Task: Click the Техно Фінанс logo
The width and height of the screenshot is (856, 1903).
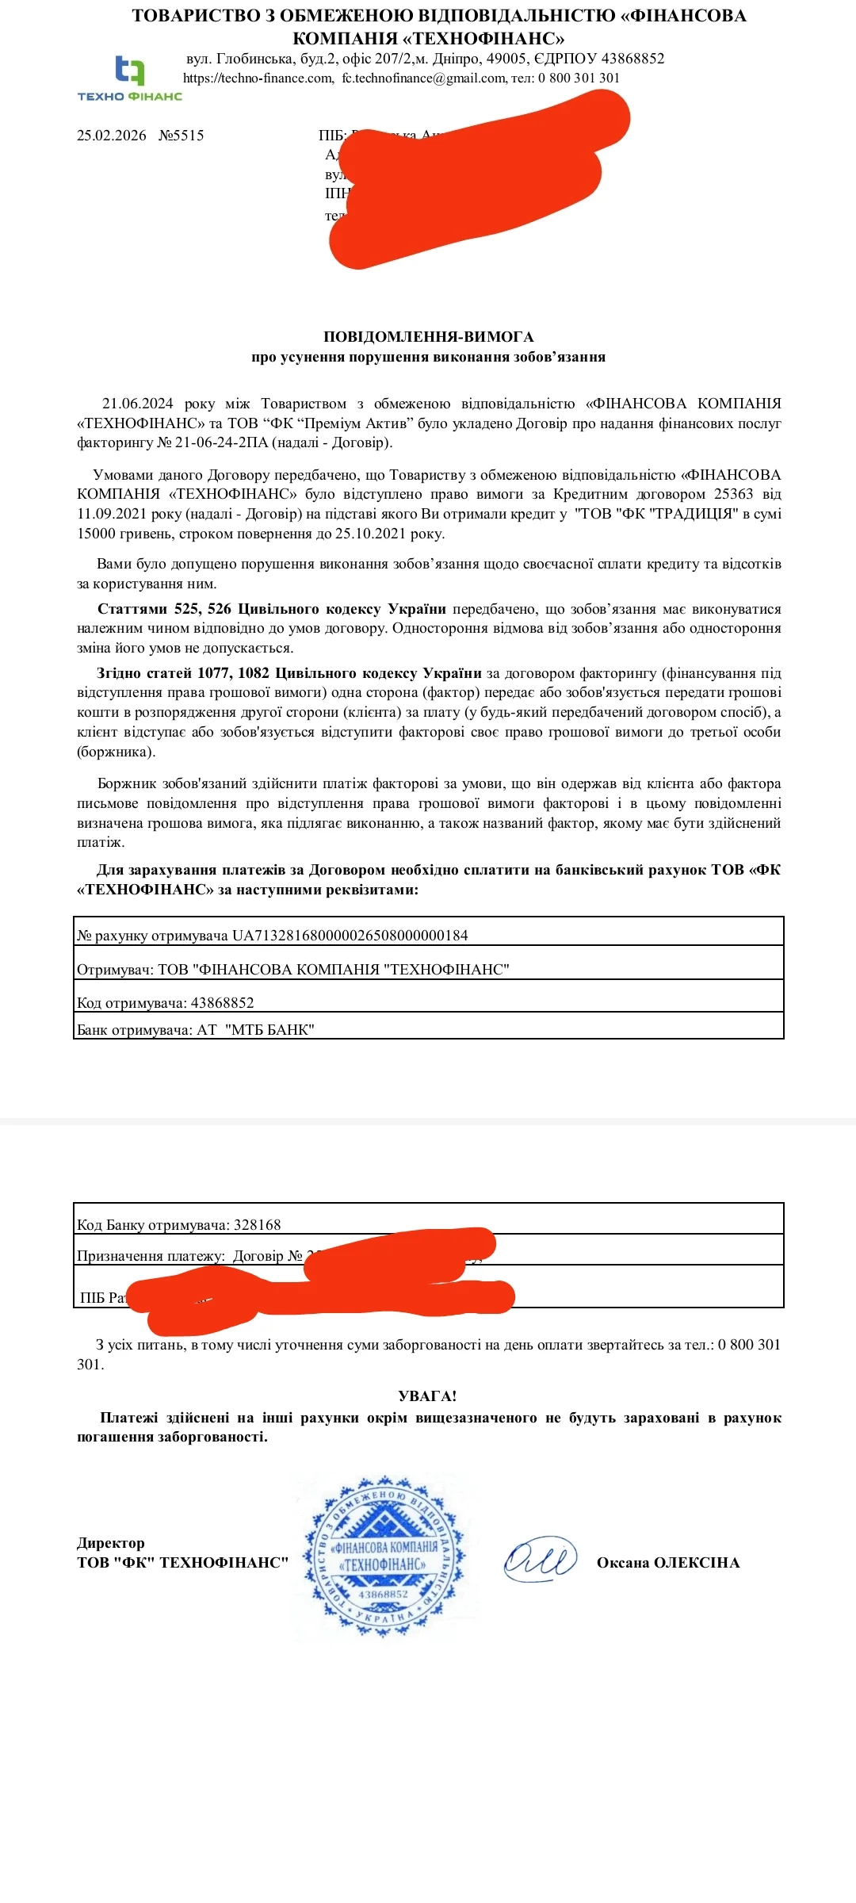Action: pos(130,78)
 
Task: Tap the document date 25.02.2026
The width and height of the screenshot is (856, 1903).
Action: pos(112,136)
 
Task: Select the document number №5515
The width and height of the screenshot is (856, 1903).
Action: pos(182,136)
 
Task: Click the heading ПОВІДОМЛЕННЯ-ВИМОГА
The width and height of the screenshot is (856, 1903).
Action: pos(428,337)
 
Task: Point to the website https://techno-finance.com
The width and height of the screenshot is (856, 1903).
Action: pos(258,78)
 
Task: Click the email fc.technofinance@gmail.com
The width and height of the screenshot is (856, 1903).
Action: pos(423,78)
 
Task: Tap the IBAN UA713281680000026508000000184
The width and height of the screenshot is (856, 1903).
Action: pos(350,936)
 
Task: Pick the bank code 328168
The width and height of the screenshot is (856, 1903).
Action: pos(257,1225)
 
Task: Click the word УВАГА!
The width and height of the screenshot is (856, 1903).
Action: pos(427,1396)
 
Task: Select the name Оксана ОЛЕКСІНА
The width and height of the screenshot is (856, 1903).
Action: pos(667,1563)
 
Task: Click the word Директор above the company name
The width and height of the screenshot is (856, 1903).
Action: pos(111,1543)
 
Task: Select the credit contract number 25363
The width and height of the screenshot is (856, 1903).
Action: pos(733,494)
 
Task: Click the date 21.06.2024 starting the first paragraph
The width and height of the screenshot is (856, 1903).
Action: pos(137,404)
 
